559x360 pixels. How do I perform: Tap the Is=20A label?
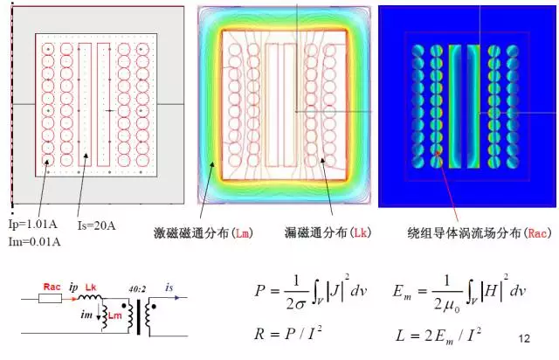pyautogui.click(x=97, y=226)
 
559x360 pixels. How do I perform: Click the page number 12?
pyautogui.click(x=525, y=337)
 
